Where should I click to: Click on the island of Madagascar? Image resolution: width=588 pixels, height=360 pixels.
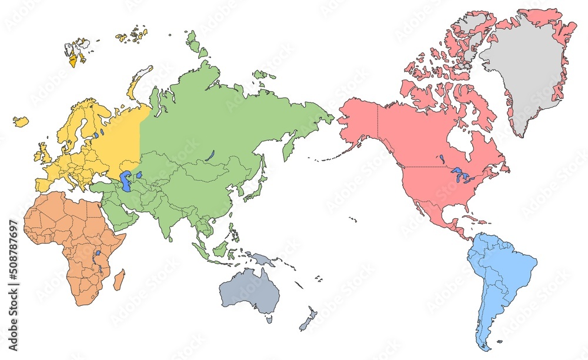pyautogui.click(x=119, y=279)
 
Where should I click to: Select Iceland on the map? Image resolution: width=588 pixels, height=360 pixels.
pyautogui.click(x=21, y=122)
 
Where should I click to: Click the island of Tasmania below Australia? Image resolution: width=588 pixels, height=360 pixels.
pyautogui.click(x=269, y=319)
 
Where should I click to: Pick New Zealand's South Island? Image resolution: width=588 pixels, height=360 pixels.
pyautogui.click(x=305, y=324)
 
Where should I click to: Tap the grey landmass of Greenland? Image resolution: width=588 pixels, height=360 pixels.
pyautogui.click(x=523, y=76)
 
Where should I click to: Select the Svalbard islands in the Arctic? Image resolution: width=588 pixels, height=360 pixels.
pyautogui.click(x=75, y=50)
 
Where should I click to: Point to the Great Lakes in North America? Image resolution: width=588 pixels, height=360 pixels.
pyautogui.click(x=460, y=175)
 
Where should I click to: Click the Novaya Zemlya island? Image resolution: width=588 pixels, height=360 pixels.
pyautogui.click(x=139, y=82)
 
